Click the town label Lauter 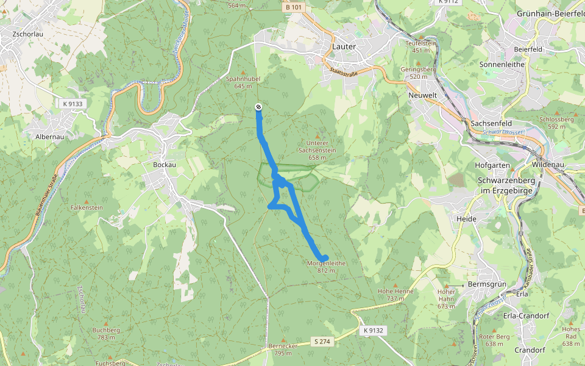point(344,46)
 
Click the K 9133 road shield point(73,104)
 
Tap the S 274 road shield point(322,342)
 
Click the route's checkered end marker point(258,107)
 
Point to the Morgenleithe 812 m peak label point(326,266)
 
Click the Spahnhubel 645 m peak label point(243,82)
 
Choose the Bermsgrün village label point(487,285)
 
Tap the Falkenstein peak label point(87,207)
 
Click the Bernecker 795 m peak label point(282,350)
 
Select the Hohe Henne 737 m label point(395,295)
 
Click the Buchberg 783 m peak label point(106,333)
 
